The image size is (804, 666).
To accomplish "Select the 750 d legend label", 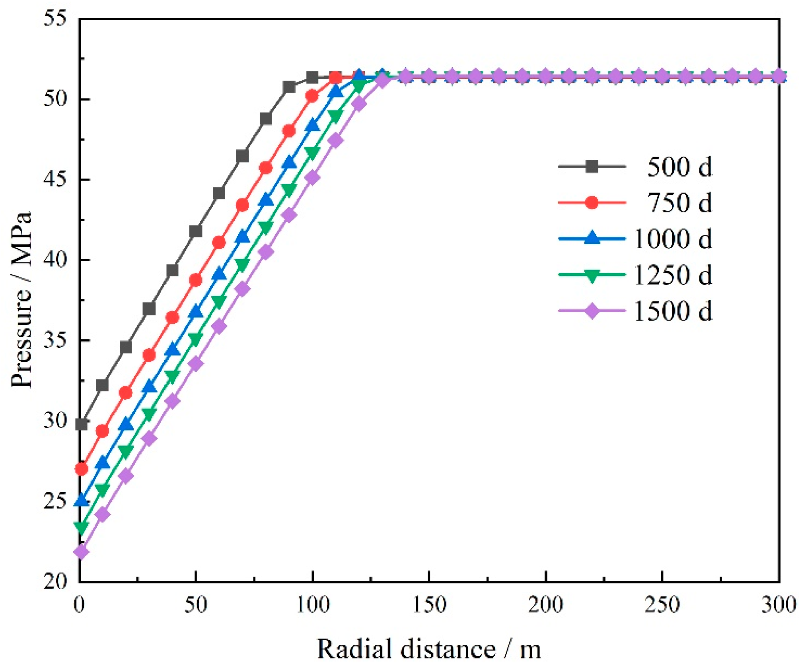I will (679, 203).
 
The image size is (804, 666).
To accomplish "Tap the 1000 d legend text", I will (673, 239).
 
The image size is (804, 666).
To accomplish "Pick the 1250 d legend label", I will (673, 275).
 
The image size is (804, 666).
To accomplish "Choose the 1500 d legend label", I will (673, 311).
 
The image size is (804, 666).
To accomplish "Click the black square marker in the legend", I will (592, 167).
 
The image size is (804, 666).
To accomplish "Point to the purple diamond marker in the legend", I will (592, 311).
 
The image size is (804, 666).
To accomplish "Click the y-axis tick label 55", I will (55, 19).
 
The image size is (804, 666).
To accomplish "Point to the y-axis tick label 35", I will (55, 341).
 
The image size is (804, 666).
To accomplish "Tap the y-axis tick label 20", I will (55, 582).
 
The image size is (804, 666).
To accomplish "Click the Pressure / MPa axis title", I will (21, 300).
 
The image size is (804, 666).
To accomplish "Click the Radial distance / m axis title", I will (429, 649).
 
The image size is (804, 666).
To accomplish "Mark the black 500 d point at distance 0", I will (82, 424).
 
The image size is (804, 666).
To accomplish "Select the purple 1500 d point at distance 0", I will (82, 552).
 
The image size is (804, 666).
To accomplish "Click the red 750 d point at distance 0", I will (82, 470).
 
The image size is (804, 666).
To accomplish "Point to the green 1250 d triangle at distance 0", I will (82, 527).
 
